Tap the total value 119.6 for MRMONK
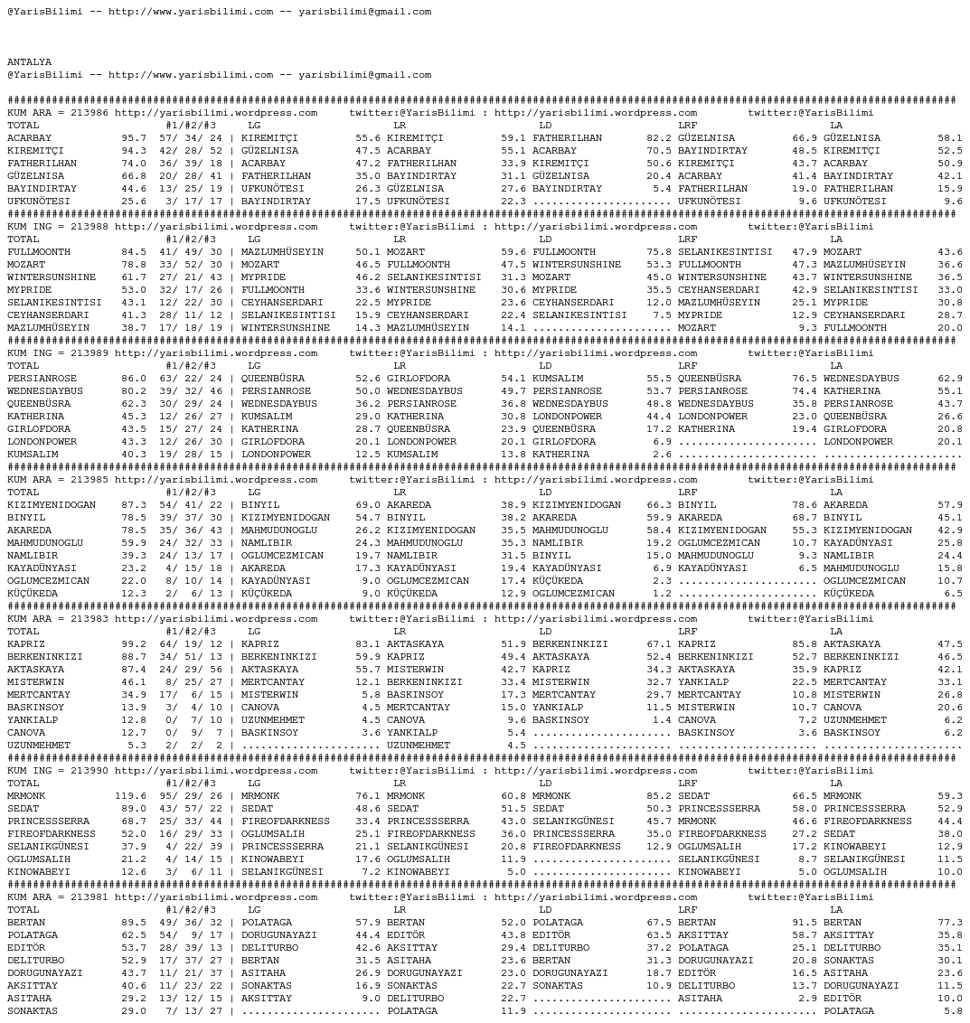[x=130, y=796]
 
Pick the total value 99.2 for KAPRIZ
[x=134, y=644]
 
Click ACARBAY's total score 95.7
[x=134, y=138]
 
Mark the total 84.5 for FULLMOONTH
[x=134, y=252]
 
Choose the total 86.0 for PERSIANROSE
[x=134, y=379]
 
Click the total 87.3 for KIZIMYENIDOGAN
[x=134, y=505]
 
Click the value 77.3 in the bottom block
[x=950, y=923]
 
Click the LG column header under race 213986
[x=254, y=126]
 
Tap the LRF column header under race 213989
[x=688, y=366]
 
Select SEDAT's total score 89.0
[x=134, y=809]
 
